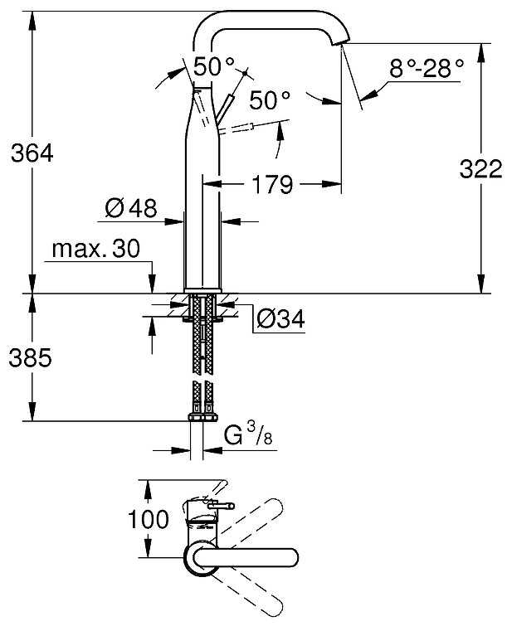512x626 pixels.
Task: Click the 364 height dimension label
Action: pyautogui.click(x=32, y=153)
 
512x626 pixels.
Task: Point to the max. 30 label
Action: pyautogui.click(x=95, y=249)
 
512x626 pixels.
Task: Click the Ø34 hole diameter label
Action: pyautogui.click(x=280, y=318)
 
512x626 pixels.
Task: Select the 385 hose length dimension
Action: pyautogui.click(x=32, y=357)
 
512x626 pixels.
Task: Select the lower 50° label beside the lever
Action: pyautogui.click(x=271, y=100)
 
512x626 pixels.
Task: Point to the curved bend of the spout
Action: pyautogui.click(x=207, y=25)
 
